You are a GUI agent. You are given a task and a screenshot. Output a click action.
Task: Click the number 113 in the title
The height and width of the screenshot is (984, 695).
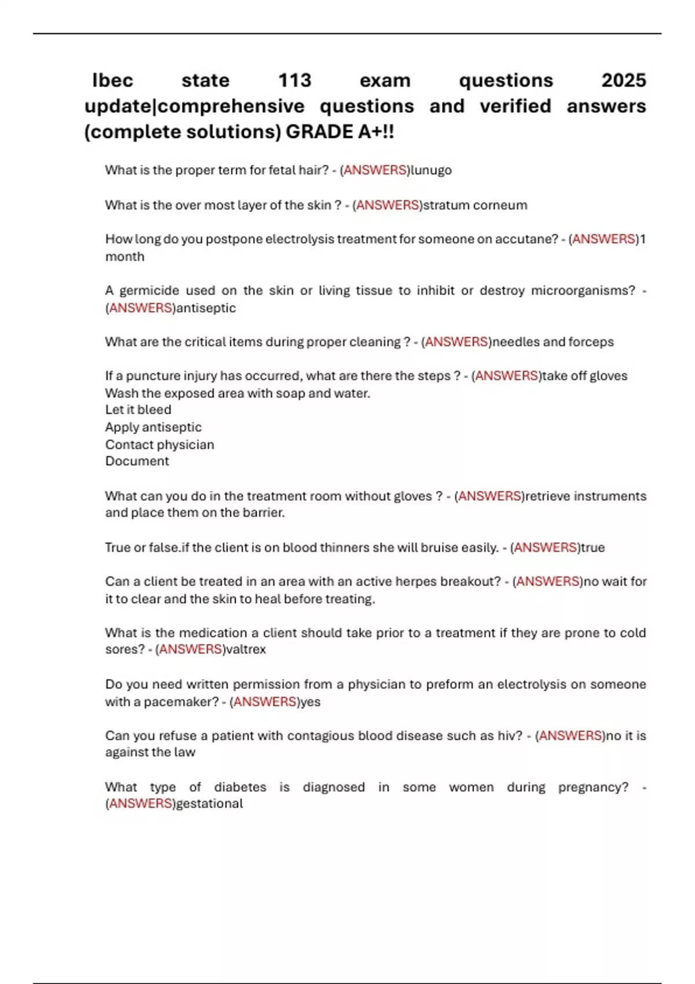point(295,80)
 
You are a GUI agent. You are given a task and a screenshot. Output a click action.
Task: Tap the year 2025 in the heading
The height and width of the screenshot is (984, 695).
point(623,80)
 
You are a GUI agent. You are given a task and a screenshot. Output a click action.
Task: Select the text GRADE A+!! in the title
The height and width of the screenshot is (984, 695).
point(340,132)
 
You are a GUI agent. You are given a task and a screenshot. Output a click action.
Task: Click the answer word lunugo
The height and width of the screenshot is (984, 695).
point(431,170)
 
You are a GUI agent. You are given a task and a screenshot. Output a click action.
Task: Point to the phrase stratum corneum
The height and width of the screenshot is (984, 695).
point(475,205)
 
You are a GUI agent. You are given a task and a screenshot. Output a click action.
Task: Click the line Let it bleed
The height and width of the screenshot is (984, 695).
point(138,410)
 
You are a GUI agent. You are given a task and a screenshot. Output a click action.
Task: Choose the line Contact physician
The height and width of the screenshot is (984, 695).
point(159,445)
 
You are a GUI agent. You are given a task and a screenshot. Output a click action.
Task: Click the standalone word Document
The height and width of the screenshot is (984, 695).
point(137,461)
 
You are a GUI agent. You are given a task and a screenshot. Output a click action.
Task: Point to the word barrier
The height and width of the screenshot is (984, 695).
point(264,513)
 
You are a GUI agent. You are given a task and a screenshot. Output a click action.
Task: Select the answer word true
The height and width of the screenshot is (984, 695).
point(592,548)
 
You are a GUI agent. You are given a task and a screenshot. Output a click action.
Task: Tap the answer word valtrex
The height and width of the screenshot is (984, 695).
point(246,649)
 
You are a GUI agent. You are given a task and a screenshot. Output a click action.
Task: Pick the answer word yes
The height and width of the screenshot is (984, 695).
point(310,702)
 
